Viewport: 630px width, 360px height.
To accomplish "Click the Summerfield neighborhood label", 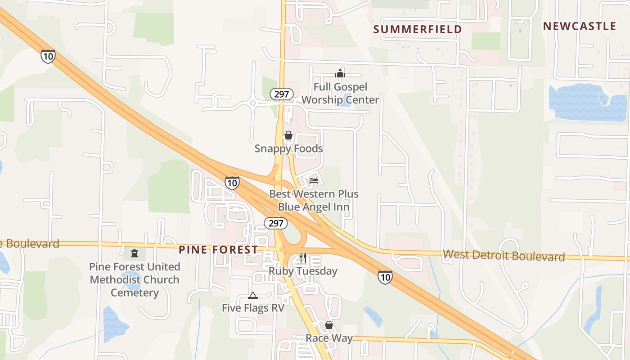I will (x=418, y=30).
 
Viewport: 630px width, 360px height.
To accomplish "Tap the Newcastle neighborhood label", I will (x=579, y=26).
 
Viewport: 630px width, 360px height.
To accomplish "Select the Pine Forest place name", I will (x=218, y=250).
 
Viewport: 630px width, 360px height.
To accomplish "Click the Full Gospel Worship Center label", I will (x=340, y=94).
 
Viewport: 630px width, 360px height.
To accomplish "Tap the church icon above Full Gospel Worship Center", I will (x=340, y=73).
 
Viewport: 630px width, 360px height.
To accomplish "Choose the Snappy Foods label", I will (x=288, y=148).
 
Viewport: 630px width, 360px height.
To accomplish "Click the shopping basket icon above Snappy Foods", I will (x=288, y=135).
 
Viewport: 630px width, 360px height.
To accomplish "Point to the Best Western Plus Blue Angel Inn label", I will (x=314, y=200).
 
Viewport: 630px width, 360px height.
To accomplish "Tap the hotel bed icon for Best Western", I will (x=314, y=181).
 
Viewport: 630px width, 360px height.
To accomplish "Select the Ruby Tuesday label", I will (x=303, y=271).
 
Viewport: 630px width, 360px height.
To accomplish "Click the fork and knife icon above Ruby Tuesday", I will (x=303, y=258).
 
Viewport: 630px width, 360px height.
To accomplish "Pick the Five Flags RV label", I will (x=253, y=308).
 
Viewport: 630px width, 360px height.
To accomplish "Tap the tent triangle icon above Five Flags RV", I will (x=253, y=296).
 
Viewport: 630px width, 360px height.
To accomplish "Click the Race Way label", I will (x=329, y=338).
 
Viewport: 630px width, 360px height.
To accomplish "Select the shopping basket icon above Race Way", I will (x=329, y=325).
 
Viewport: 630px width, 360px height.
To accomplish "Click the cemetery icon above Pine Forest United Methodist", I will (x=134, y=253).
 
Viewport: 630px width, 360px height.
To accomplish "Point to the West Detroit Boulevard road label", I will (x=504, y=256).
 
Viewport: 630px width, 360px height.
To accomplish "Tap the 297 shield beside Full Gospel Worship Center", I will (x=282, y=94).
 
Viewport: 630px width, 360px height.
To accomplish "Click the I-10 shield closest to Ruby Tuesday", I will (x=385, y=277).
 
